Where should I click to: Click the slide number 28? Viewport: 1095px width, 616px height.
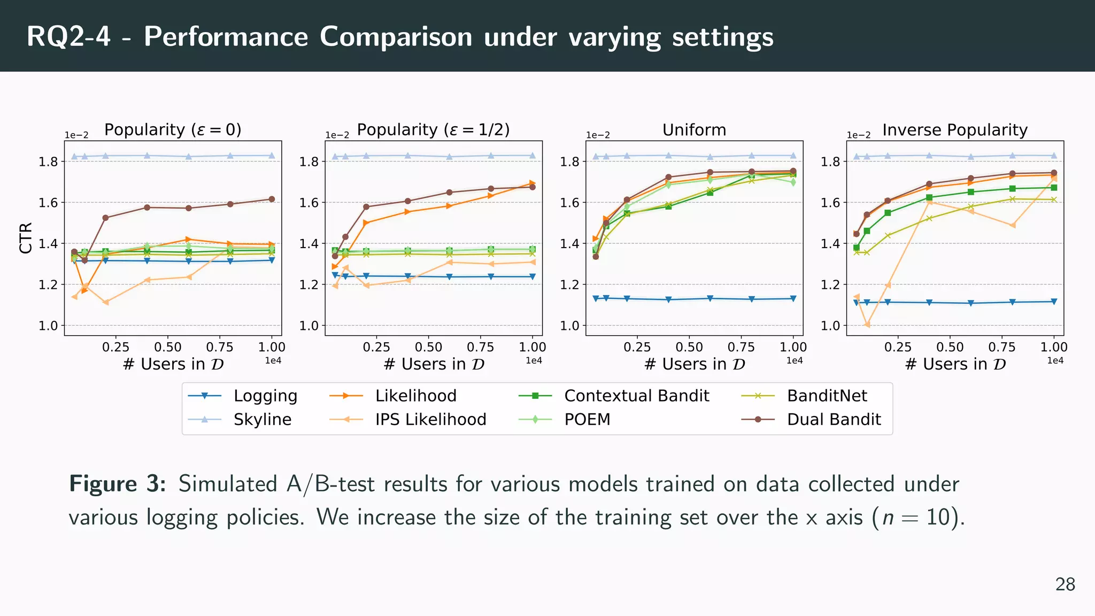pos(1065,584)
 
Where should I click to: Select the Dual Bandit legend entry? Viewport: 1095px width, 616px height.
pos(833,419)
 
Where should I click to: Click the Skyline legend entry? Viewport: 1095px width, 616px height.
pos(262,419)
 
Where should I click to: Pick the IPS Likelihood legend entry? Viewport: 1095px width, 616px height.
pos(430,419)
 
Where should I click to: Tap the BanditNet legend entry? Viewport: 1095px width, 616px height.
pos(827,396)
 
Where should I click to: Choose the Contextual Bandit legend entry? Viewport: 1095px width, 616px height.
pos(636,396)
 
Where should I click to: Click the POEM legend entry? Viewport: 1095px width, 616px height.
pos(587,419)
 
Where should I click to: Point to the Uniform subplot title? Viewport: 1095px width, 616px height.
pos(694,130)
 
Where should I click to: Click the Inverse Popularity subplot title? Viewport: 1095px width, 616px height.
pos(955,130)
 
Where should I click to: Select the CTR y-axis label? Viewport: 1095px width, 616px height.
pos(26,238)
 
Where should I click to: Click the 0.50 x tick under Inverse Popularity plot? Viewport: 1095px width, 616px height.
pos(950,347)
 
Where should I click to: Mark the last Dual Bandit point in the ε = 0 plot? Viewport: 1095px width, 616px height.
pos(272,199)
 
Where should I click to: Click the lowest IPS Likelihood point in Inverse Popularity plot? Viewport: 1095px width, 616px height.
pos(867,325)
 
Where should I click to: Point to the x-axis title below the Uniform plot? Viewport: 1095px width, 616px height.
pos(694,364)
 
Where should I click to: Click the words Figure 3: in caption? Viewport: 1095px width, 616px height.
pos(117,484)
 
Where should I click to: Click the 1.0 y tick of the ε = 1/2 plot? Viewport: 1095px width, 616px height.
pos(309,326)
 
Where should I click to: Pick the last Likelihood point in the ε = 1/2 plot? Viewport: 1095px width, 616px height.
pos(533,183)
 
